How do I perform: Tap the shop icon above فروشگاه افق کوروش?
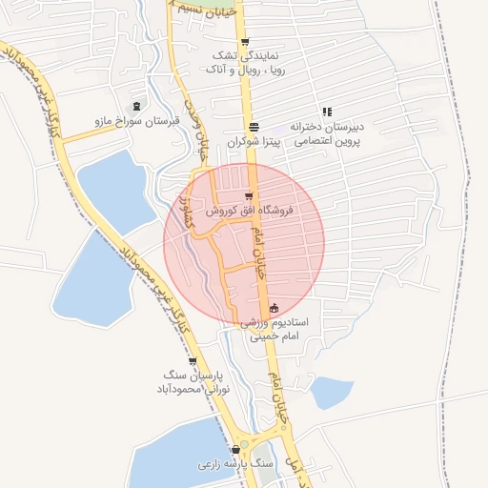(249, 196)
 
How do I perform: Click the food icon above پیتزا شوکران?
(254, 127)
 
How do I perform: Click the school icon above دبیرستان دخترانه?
(327, 112)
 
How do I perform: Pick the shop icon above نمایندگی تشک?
(245, 42)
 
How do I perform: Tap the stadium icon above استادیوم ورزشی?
(274, 308)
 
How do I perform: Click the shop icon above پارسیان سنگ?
(193, 361)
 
